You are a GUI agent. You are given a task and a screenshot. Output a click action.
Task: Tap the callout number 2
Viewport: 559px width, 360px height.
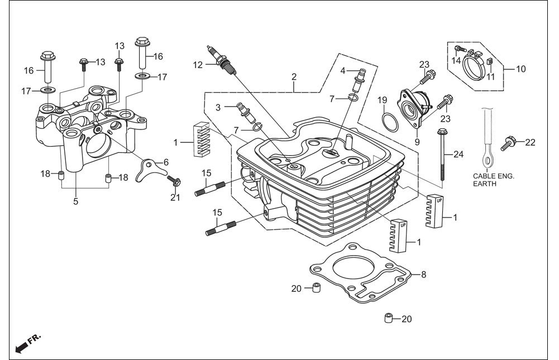tap(294, 76)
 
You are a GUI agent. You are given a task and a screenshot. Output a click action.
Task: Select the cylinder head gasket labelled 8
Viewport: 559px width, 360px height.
tap(360, 272)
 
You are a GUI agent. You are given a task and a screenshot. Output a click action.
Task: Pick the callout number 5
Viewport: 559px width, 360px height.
tap(75, 201)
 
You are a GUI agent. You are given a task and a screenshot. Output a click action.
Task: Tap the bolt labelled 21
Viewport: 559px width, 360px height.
tap(174, 180)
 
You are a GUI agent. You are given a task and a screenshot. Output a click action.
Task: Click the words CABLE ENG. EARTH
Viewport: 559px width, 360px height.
tap(494, 180)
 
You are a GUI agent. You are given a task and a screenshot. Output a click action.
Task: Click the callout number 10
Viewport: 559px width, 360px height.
tap(521, 69)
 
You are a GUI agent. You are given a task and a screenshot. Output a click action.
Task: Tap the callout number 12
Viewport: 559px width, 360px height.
tap(198, 65)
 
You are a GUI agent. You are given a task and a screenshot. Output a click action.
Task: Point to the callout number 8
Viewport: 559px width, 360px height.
tap(423, 275)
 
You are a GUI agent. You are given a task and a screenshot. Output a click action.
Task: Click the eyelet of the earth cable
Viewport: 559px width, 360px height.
tap(486, 157)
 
